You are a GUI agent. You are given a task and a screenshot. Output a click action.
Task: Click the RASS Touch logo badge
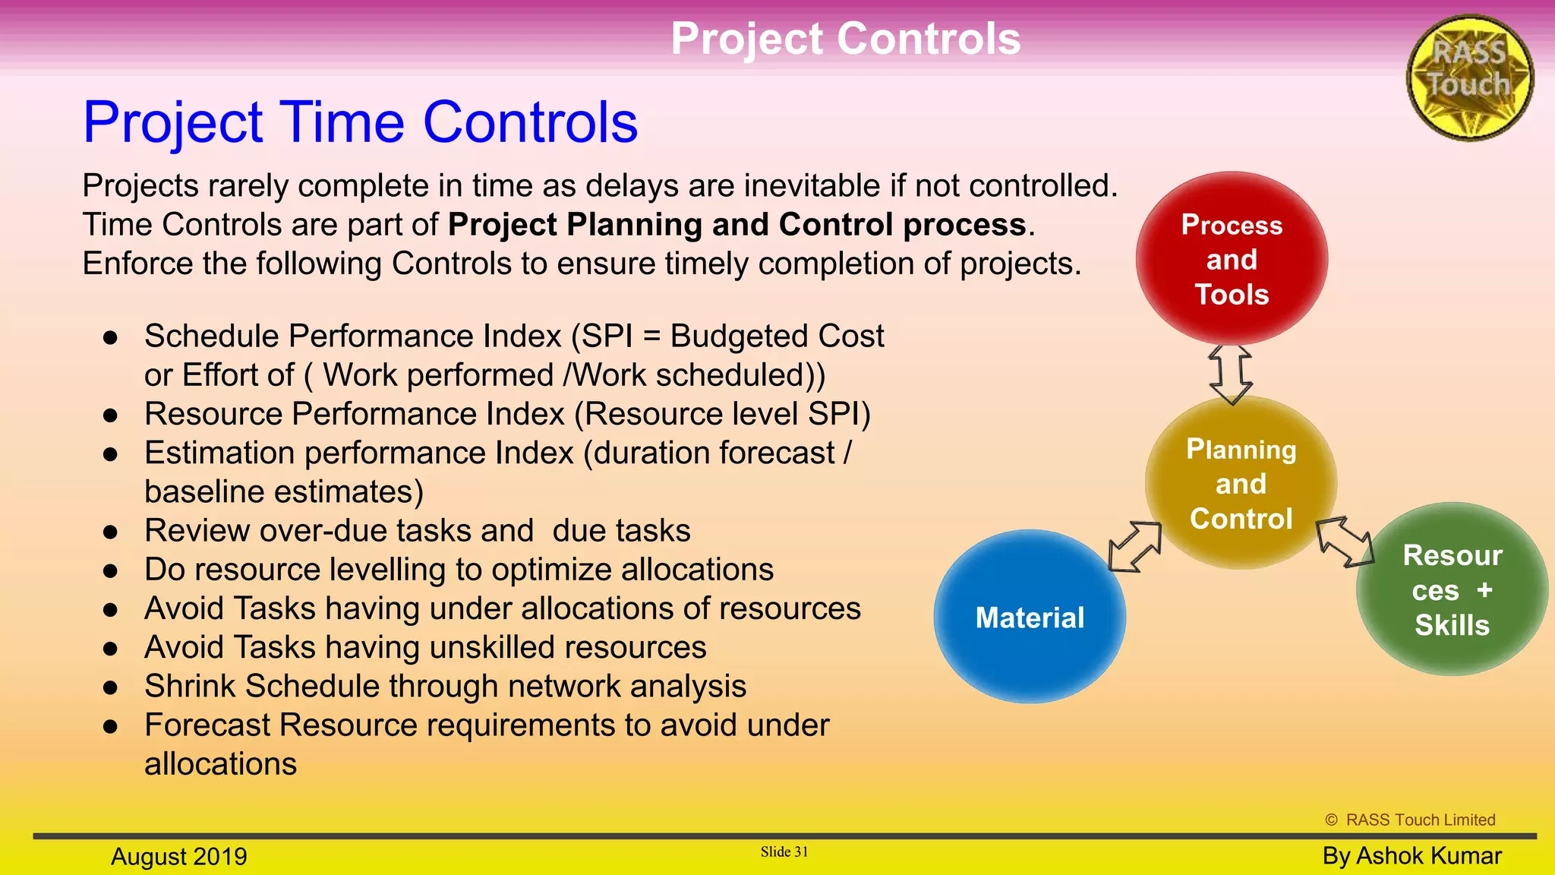[1469, 77]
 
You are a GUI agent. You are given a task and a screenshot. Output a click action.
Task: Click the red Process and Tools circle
[1232, 258]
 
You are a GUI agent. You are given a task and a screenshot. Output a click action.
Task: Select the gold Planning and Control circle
[1241, 483]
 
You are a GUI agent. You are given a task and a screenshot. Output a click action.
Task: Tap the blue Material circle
[1030, 617]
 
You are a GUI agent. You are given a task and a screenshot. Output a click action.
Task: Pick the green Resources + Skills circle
[1452, 589]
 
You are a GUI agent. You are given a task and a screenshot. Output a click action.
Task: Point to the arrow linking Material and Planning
[1135, 546]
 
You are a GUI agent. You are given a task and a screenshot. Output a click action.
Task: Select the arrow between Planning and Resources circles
[1345, 542]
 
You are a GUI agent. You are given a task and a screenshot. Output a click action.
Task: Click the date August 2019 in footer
[179, 856]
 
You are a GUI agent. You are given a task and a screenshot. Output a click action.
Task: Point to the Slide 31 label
[784, 851]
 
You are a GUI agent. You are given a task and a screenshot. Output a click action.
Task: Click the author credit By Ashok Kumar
[1411, 855]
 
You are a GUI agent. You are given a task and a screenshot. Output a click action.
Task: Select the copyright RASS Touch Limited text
[1410, 820]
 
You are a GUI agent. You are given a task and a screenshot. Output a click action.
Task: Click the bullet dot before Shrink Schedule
[111, 687]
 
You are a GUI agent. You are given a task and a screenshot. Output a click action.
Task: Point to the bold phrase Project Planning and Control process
[736, 225]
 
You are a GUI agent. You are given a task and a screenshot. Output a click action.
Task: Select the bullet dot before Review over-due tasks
[111, 532]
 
